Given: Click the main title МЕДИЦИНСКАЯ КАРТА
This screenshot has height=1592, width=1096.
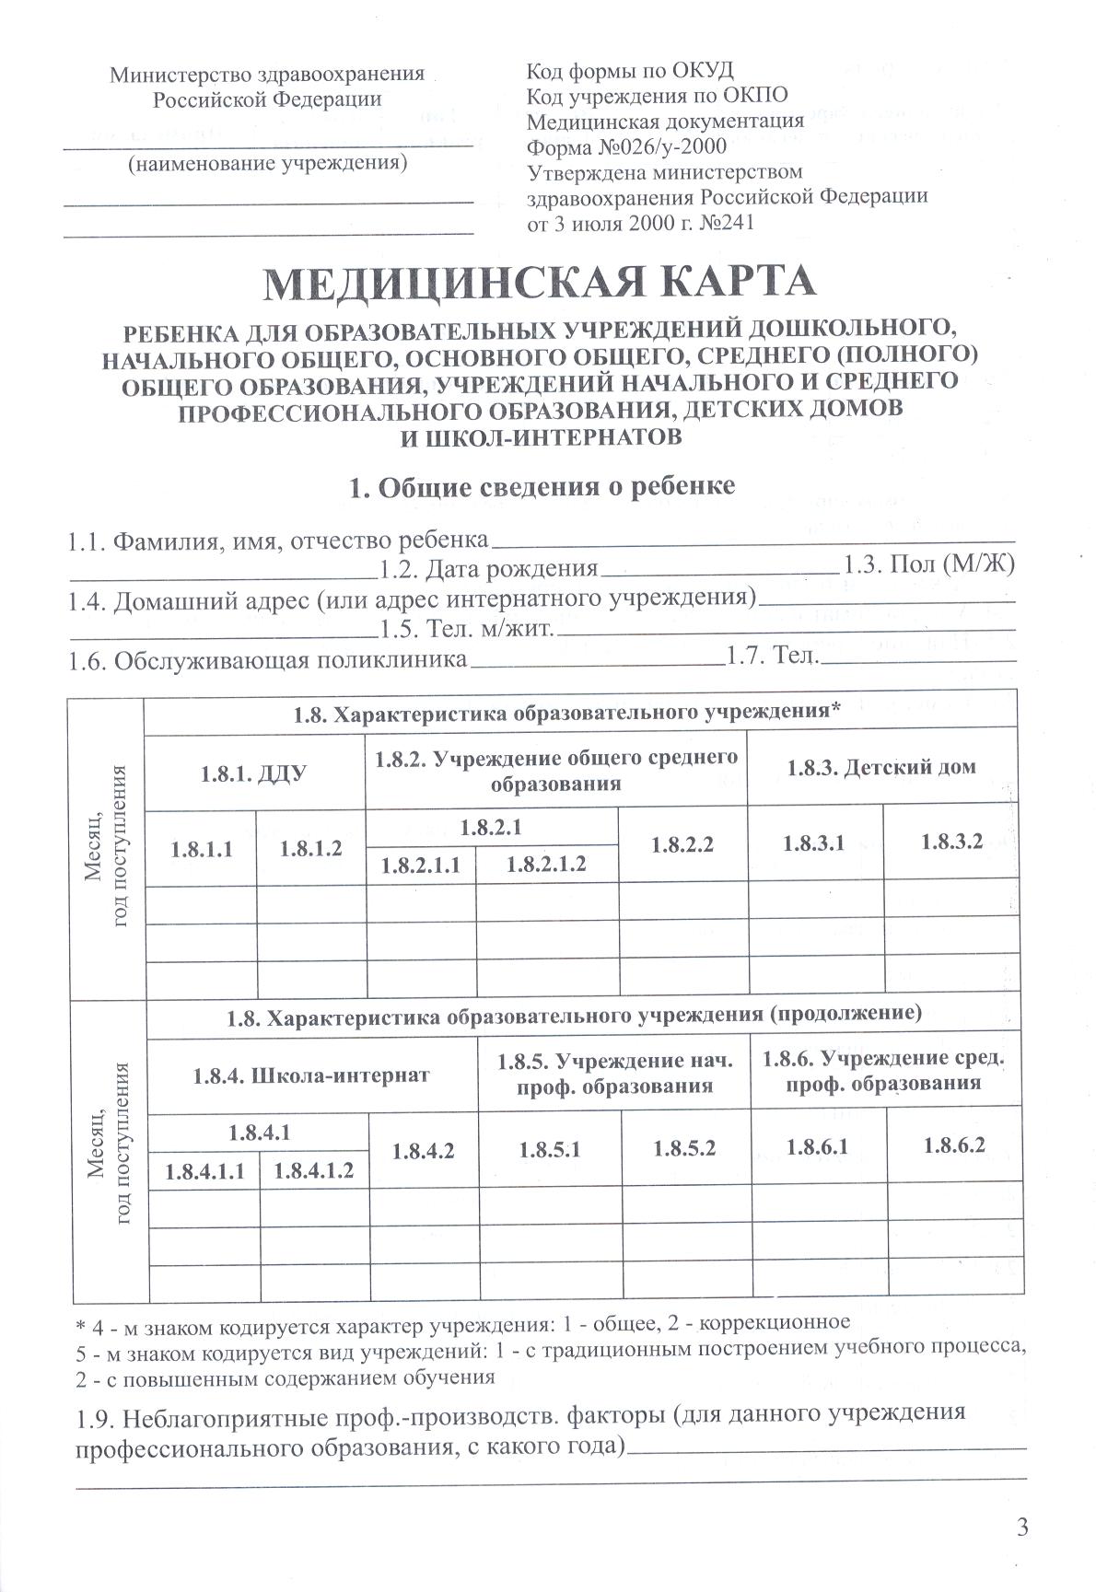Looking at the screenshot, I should (540, 283).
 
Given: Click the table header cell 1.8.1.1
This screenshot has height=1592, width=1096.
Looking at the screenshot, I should (201, 849).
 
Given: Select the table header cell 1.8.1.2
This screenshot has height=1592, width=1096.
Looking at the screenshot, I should (311, 849).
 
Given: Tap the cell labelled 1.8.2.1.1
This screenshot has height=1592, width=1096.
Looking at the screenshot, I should (420, 866).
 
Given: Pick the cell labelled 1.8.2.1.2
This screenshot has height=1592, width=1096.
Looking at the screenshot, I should (547, 866).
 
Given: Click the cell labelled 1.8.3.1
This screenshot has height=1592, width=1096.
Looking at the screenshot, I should (813, 842).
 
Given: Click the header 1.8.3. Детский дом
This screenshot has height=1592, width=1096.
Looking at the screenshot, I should (881, 767).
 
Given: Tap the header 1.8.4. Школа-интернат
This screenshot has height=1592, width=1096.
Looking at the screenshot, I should (311, 1075).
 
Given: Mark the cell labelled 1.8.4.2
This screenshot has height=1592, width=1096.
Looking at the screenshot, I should (423, 1151).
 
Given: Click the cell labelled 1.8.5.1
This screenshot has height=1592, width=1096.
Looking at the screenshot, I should (550, 1149).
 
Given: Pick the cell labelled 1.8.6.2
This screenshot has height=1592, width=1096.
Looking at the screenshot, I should (954, 1145).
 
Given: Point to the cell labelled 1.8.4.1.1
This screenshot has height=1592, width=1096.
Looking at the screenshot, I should (204, 1172).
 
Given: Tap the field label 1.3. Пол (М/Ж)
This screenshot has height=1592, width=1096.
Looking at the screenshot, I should (930, 564).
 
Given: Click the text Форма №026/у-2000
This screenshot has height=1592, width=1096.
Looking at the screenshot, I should (625, 146).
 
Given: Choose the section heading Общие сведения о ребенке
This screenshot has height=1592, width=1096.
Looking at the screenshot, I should (542, 488).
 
